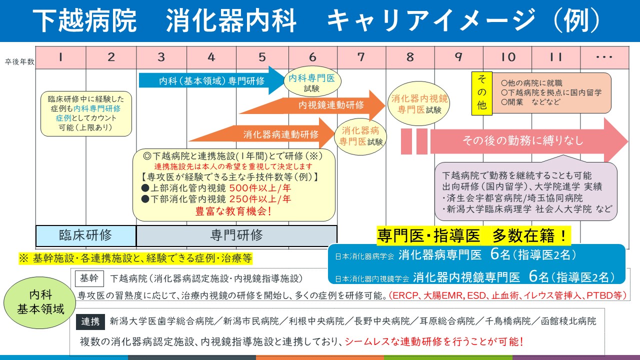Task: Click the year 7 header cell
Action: (x=361, y=57)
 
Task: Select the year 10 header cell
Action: (x=508, y=57)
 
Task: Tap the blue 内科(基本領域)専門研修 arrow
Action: (x=210, y=80)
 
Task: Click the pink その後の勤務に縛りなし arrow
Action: (x=525, y=141)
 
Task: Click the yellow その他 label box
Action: (x=482, y=93)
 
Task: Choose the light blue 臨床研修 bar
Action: (x=85, y=235)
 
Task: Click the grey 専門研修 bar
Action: (x=236, y=235)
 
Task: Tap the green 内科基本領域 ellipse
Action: (x=39, y=302)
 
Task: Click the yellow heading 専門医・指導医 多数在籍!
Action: (x=472, y=234)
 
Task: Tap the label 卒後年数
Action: (x=20, y=62)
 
